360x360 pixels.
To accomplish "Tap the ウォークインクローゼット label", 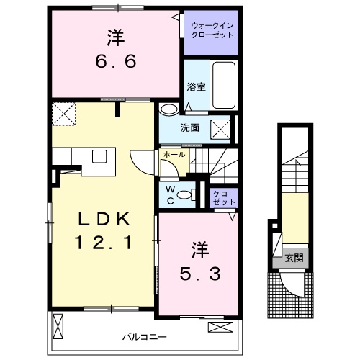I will tap(212, 31).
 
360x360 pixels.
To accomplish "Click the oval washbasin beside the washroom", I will tap(170, 109).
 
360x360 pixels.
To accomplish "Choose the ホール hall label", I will tap(174, 155).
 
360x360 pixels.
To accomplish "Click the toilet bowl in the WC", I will tap(185, 194).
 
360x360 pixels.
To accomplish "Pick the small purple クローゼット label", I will tap(224, 197).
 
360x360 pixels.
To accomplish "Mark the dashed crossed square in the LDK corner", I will tap(63, 113).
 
